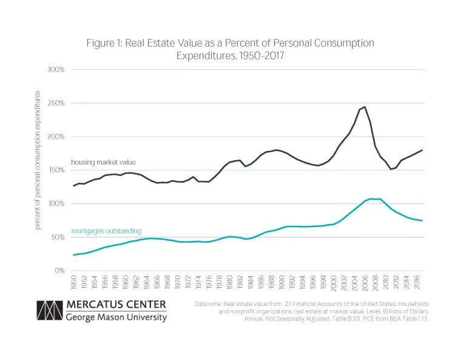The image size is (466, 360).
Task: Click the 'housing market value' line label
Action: pos(103,162)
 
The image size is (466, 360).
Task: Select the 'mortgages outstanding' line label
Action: pos(106,231)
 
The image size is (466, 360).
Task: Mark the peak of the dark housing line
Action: pos(365,107)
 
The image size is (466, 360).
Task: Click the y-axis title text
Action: pos(38,160)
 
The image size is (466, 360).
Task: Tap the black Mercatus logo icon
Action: pos(49,310)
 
